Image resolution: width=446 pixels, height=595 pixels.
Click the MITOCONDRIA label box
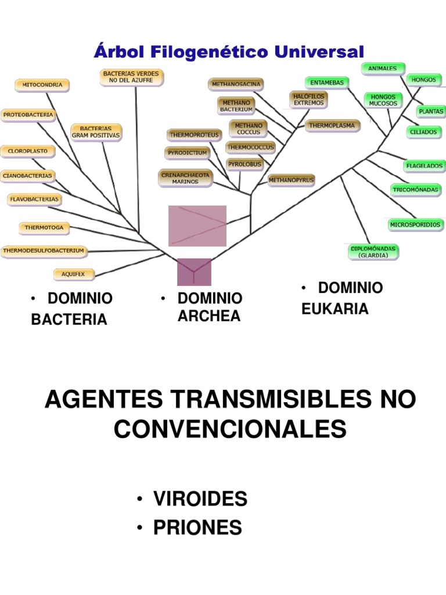click(x=42, y=85)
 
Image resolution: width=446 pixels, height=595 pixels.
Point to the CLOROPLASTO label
click(x=28, y=152)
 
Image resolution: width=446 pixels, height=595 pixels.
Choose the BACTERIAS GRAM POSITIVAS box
click(x=96, y=132)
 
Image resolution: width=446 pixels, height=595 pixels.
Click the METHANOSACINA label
click(x=236, y=84)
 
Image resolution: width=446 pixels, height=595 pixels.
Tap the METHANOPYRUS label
click(x=291, y=180)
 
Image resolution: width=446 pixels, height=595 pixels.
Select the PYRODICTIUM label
click(x=187, y=153)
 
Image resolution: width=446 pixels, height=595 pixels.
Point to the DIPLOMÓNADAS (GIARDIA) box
click(x=373, y=252)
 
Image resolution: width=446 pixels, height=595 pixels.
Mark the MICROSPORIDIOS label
click(x=415, y=224)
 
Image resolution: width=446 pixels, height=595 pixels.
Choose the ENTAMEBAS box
click(x=326, y=83)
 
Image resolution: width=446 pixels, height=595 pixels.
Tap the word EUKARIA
click(x=335, y=309)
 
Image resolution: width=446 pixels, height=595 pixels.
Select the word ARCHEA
click(x=209, y=316)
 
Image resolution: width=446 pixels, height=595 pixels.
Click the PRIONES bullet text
click(x=197, y=528)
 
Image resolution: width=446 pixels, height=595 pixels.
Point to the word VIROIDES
click(x=200, y=499)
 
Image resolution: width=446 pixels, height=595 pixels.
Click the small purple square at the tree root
click(x=194, y=272)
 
